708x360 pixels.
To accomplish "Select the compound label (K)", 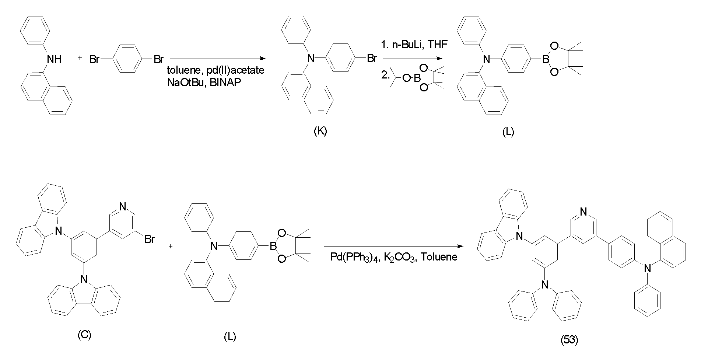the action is (320, 131).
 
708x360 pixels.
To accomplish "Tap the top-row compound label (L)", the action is (508, 132).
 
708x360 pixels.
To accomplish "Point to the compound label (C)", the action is (84, 335).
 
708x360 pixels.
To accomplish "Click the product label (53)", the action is (569, 340).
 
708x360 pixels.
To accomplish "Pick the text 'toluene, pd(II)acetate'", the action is (215, 70).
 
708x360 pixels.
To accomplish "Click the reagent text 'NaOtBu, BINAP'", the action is (204, 82).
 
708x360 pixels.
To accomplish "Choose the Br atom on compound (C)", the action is (149, 240).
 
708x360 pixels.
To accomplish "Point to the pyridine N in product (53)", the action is (583, 212).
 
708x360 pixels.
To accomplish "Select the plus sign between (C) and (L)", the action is (170, 247).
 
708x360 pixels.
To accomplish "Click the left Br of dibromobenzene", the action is (95, 59).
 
